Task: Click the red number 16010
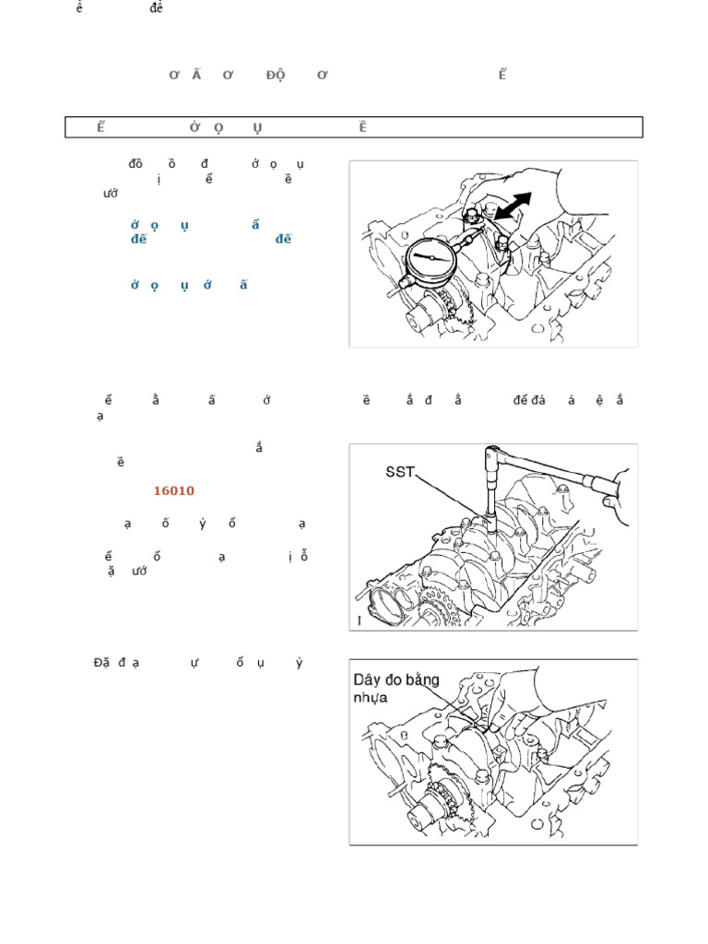point(173,491)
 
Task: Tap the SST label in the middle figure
point(402,473)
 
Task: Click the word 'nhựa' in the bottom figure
point(372,698)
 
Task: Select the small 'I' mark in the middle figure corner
point(360,621)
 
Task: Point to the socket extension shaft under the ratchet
point(490,493)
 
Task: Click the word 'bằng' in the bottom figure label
point(421,680)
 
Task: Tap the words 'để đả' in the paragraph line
point(530,400)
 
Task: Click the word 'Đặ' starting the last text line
point(101,663)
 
